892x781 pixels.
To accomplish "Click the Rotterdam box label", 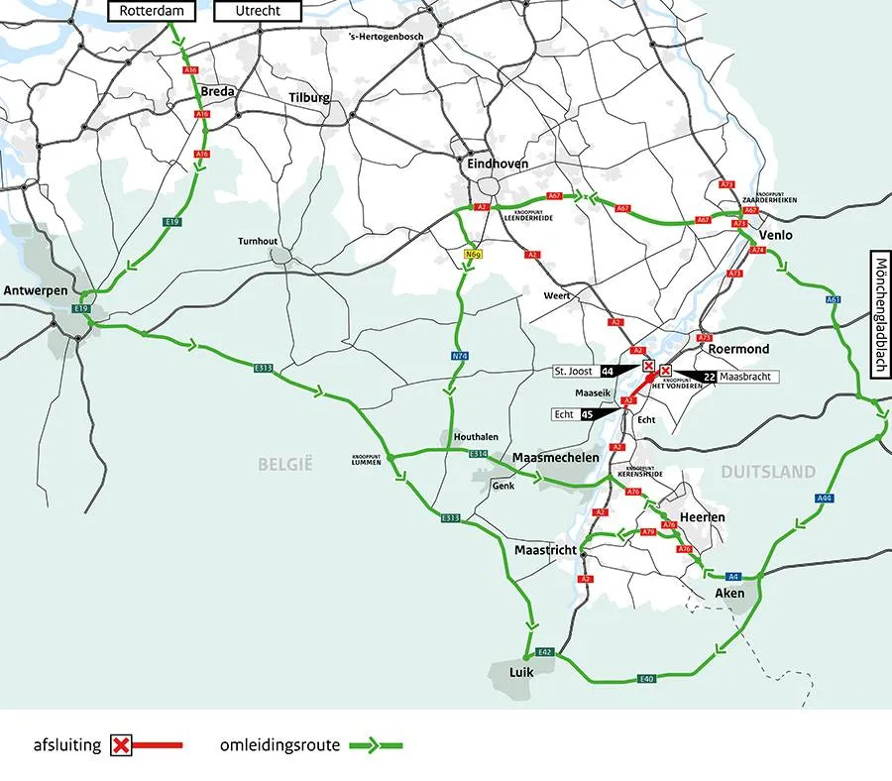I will pyautogui.click(x=153, y=11).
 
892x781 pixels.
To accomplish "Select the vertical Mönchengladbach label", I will pyautogui.click(x=881, y=316).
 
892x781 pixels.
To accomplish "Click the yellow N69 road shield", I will pyautogui.click(x=473, y=256).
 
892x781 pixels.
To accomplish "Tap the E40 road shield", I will pyautogui.click(x=647, y=679).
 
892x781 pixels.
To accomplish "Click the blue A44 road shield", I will pyautogui.click(x=825, y=499).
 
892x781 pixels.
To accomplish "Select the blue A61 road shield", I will pyautogui.click(x=833, y=299).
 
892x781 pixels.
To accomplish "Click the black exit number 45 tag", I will pyautogui.click(x=588, y=415).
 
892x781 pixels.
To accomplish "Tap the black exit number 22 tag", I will pyautogui.click(x=710, y=378).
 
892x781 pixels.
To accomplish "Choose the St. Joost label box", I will pyautogui.click(x=574, y=371).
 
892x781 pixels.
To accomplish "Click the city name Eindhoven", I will pyautogui.click(x=496, y=164).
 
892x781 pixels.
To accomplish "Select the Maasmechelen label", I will pyautogui.click(x=556, y=458).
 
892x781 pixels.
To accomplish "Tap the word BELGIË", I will pyautogui.click(x=285, y=463).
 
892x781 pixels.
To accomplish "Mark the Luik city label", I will pyautogui.click(x=521, y=672).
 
